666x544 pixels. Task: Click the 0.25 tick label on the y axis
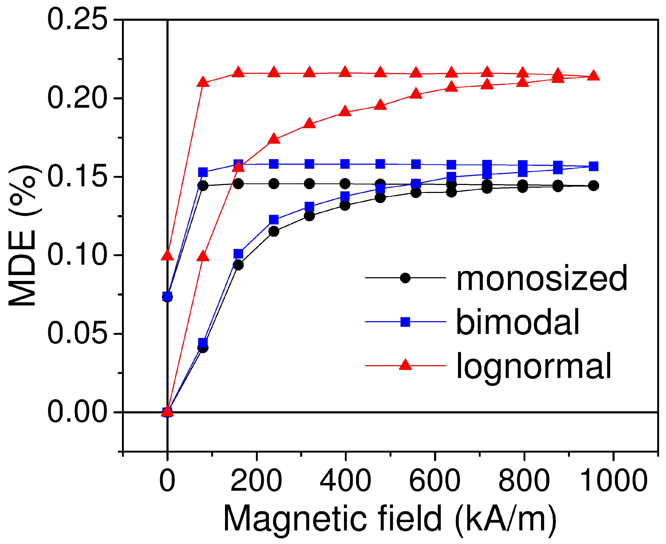click(x=77, y=20)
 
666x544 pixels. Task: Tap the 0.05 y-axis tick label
click(x=77, y=334)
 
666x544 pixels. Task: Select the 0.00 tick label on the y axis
click(x=77, y=412)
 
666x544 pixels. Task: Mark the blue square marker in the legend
click(x=405, y=322)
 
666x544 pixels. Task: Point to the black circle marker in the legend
click(x=405, y=278)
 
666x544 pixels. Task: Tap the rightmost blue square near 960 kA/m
click(x=593, y=166)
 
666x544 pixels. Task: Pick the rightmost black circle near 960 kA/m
click(x=593, y=186)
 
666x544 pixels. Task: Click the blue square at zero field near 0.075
click(x=167, y=296)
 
